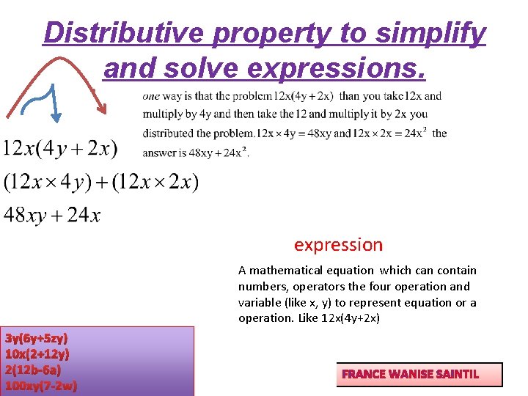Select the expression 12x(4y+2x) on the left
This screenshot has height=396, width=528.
pyautogui.click(x=60, y=149)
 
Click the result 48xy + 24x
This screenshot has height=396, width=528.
pyautogui.click(x=52, y=215)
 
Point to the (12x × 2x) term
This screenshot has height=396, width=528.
pyautogui.click(x=155, y=182)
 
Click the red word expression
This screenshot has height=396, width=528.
pyautogui.click(x=338, y=245)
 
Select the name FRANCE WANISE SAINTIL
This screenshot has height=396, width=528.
pyautogui.click(x=410, y=374)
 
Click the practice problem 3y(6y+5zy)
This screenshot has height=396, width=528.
pyautogui.click(x=37, y=338)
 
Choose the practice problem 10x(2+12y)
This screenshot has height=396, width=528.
pyautogui.click(x=37, y=354)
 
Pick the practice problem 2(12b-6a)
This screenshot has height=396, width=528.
pyautogui.click(x=33, y=370)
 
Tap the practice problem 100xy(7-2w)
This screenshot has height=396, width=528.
pyautogui.click(x=41, y=385)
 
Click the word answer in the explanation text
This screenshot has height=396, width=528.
pyautogui.click(x=159, y=153)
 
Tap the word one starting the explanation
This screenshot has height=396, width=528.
pyautogui.click(x=150, y=96)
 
